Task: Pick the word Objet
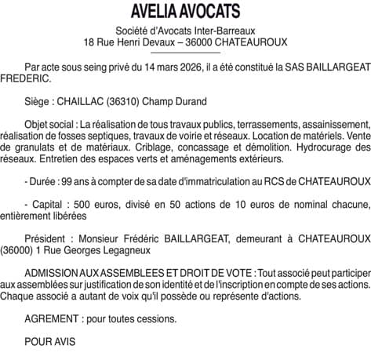(38, 124)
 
